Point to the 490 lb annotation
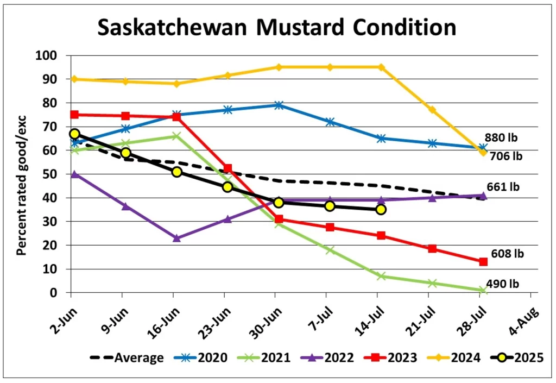click(x=502, y=284)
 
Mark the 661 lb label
click(x=502, y=187)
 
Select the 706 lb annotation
click(x=504, y=156)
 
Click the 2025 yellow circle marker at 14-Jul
click(x=381, y=209)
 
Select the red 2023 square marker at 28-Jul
click(x=483, y=261)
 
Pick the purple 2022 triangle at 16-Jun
click(x=176, y=238)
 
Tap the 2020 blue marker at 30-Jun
click(x=279, y=105)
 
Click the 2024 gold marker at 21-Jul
click(x=432, y=110)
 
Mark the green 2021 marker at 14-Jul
click(x=381, y=276)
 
